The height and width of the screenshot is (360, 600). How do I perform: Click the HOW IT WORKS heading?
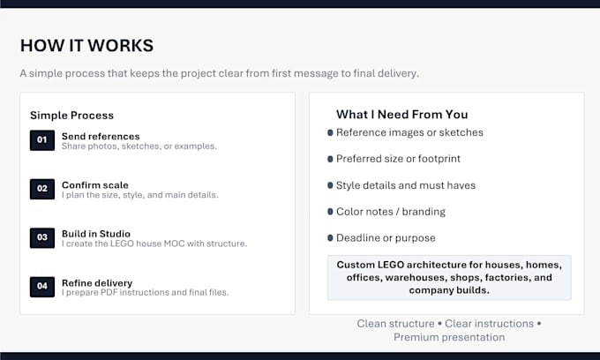pos(86,46)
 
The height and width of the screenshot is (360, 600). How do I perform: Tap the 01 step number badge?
pos(42,140)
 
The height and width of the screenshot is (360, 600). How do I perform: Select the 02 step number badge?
pos(42,189)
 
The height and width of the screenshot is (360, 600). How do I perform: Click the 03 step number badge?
pos(42,237)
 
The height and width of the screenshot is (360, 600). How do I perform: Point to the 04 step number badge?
pos(42,287)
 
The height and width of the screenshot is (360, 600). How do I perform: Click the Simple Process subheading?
pos(72,116)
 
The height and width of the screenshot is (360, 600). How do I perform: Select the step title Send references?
pos(101,136)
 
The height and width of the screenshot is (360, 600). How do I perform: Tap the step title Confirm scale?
pos(95,184)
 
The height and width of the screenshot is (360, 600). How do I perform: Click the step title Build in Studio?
pos(96,233)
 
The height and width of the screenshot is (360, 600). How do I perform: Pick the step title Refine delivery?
pos(97,282)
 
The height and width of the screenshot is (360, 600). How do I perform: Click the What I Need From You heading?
pos(402,115)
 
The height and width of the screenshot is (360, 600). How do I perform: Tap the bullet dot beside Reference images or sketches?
pos(330,132)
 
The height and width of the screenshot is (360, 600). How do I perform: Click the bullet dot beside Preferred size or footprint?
pos(330,159)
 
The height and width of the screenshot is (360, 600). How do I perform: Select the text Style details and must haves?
pos(406,185)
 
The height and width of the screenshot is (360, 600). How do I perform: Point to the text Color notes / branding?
pos(391,212)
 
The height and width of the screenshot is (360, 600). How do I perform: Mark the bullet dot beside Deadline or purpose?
pos(330,238)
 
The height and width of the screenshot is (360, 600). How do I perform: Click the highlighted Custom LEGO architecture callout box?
pos(449,277)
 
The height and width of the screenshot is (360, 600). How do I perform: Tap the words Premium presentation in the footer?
pos(449,337)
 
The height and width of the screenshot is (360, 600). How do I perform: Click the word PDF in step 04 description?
pos(109,292)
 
